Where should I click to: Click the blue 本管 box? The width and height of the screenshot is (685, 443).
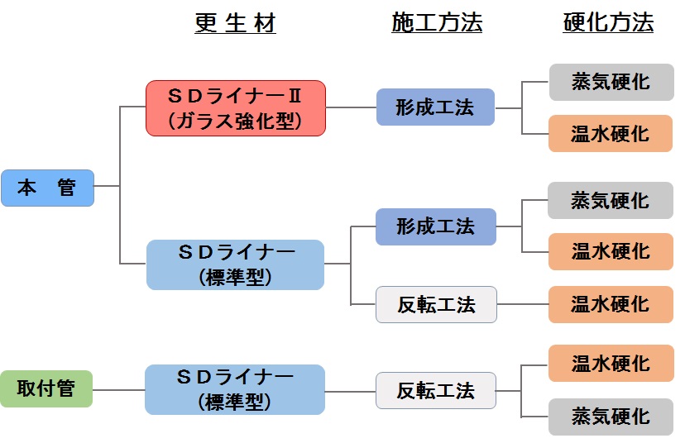click(x=47, y=188)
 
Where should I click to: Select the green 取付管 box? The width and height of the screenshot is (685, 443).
click(x=46, y=388)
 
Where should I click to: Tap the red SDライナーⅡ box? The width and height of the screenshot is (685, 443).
click(x=236, y=108)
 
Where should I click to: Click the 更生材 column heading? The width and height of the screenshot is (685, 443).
click(x=236, y=23)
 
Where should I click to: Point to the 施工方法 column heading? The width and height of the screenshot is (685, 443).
click(x=437, y=23)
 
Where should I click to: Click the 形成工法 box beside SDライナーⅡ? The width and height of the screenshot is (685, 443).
click(x=435, y=107)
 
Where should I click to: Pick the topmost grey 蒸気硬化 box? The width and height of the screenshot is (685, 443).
click(x=611, y=83)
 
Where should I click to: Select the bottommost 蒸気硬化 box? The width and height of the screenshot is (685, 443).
click(x=611, y=417)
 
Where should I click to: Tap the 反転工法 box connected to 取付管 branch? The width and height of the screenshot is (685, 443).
click(x=436, y=390)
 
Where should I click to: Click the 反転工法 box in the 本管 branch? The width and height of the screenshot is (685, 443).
click(x=436, y=304)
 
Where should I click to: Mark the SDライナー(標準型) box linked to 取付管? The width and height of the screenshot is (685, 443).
click(x=235, y=389)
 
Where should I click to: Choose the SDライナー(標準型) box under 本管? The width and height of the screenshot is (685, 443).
click(x=235, y=264)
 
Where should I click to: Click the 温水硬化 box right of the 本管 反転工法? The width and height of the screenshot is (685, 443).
click(x=611, y=304)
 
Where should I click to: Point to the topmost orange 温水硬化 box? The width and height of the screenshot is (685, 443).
click(x=611, y=134)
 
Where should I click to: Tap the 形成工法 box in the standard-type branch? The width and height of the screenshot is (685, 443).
click(x=435, y=226)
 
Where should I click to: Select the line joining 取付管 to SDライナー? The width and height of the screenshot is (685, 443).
click(x=118, y=389)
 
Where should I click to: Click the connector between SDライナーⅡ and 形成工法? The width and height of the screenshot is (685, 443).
click(x=351, y=107)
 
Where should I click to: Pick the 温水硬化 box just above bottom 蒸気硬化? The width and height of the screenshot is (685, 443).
click(x=611, y=364)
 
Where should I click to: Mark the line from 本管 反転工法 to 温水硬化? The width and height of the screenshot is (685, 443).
click(x=522, y=304)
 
